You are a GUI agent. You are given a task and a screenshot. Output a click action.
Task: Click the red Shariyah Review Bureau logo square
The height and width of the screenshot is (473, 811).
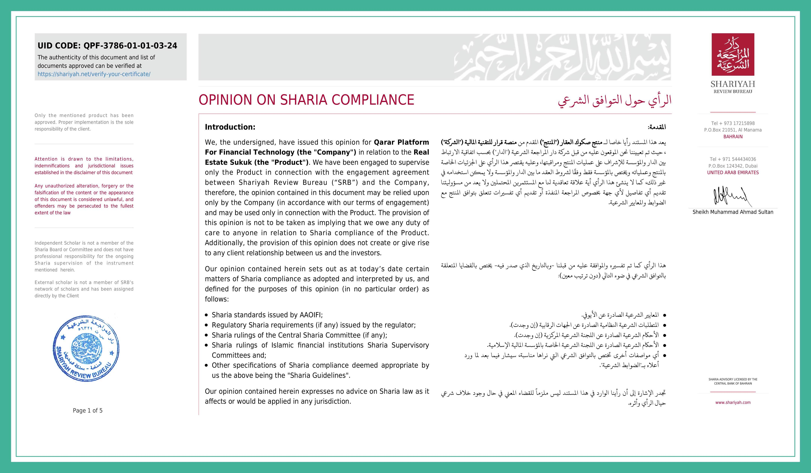tap(733, 54)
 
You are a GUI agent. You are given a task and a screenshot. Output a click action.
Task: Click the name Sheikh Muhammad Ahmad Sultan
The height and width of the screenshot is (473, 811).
tap(733, 212)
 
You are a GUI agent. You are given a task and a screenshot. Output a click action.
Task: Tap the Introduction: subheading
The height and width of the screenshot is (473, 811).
tap(230, 127)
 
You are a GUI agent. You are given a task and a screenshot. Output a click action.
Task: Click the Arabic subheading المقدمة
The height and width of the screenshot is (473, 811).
tap(657, 127)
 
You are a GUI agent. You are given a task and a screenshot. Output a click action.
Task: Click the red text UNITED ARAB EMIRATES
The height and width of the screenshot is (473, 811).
tap(733, 172)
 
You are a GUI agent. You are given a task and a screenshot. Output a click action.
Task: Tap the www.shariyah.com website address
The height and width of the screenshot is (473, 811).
tap(733, 403)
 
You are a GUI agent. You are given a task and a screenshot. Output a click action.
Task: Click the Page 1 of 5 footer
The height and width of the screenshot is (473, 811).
tap(88, 411)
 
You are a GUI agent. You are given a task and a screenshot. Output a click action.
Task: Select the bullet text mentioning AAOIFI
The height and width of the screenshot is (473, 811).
tap(267, 315)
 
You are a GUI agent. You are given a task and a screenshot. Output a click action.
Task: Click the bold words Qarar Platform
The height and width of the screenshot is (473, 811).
tap(401, 142)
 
